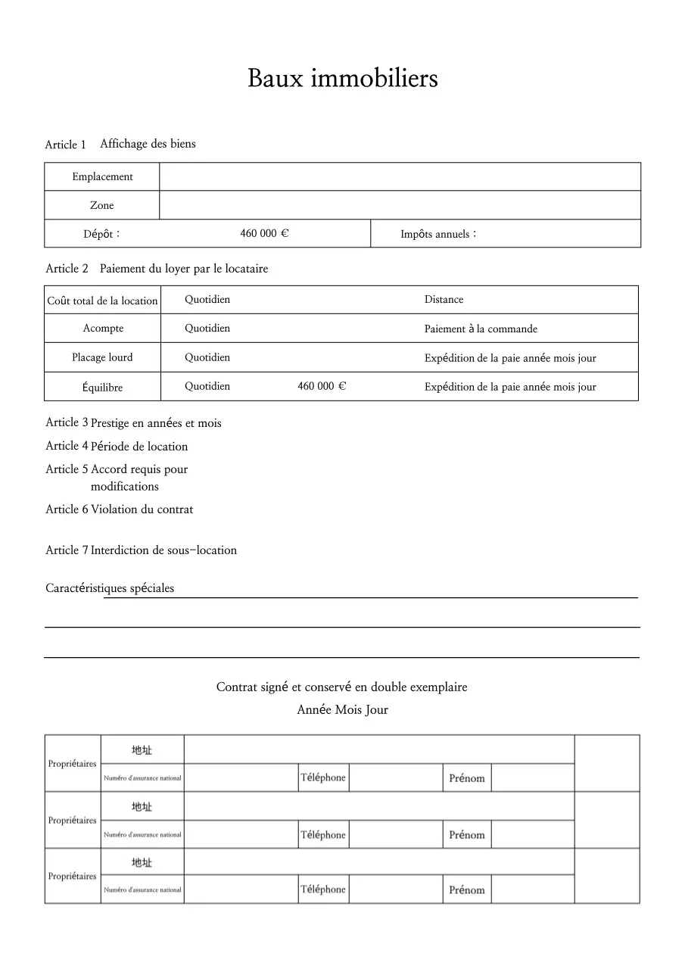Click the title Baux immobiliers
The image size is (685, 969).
(x=342, y=78)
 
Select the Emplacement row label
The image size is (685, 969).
(x=102, y=176)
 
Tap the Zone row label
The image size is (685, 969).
(x=102, y=205)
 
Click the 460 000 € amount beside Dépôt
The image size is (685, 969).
(x=264, y=233)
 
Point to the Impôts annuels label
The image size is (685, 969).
(x=437, y=234)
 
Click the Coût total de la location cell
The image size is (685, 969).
(x=102, y=301)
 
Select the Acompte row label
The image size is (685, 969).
(x=103, y=329)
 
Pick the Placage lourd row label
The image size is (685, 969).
(x=102, y=357)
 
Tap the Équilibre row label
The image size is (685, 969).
(x=102, y=387)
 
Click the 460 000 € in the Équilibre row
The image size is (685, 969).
(x=322, y=386)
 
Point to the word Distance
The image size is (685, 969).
(x=444, y=300)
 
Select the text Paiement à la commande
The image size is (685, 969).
(x=481, y=329)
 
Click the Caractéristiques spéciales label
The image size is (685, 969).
(x=110, y=588)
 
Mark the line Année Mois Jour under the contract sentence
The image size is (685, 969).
(x=342, y=710)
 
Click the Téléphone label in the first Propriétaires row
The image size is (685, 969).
(x=323, y=777)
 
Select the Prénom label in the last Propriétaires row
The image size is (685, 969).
(x=466, y=890)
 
